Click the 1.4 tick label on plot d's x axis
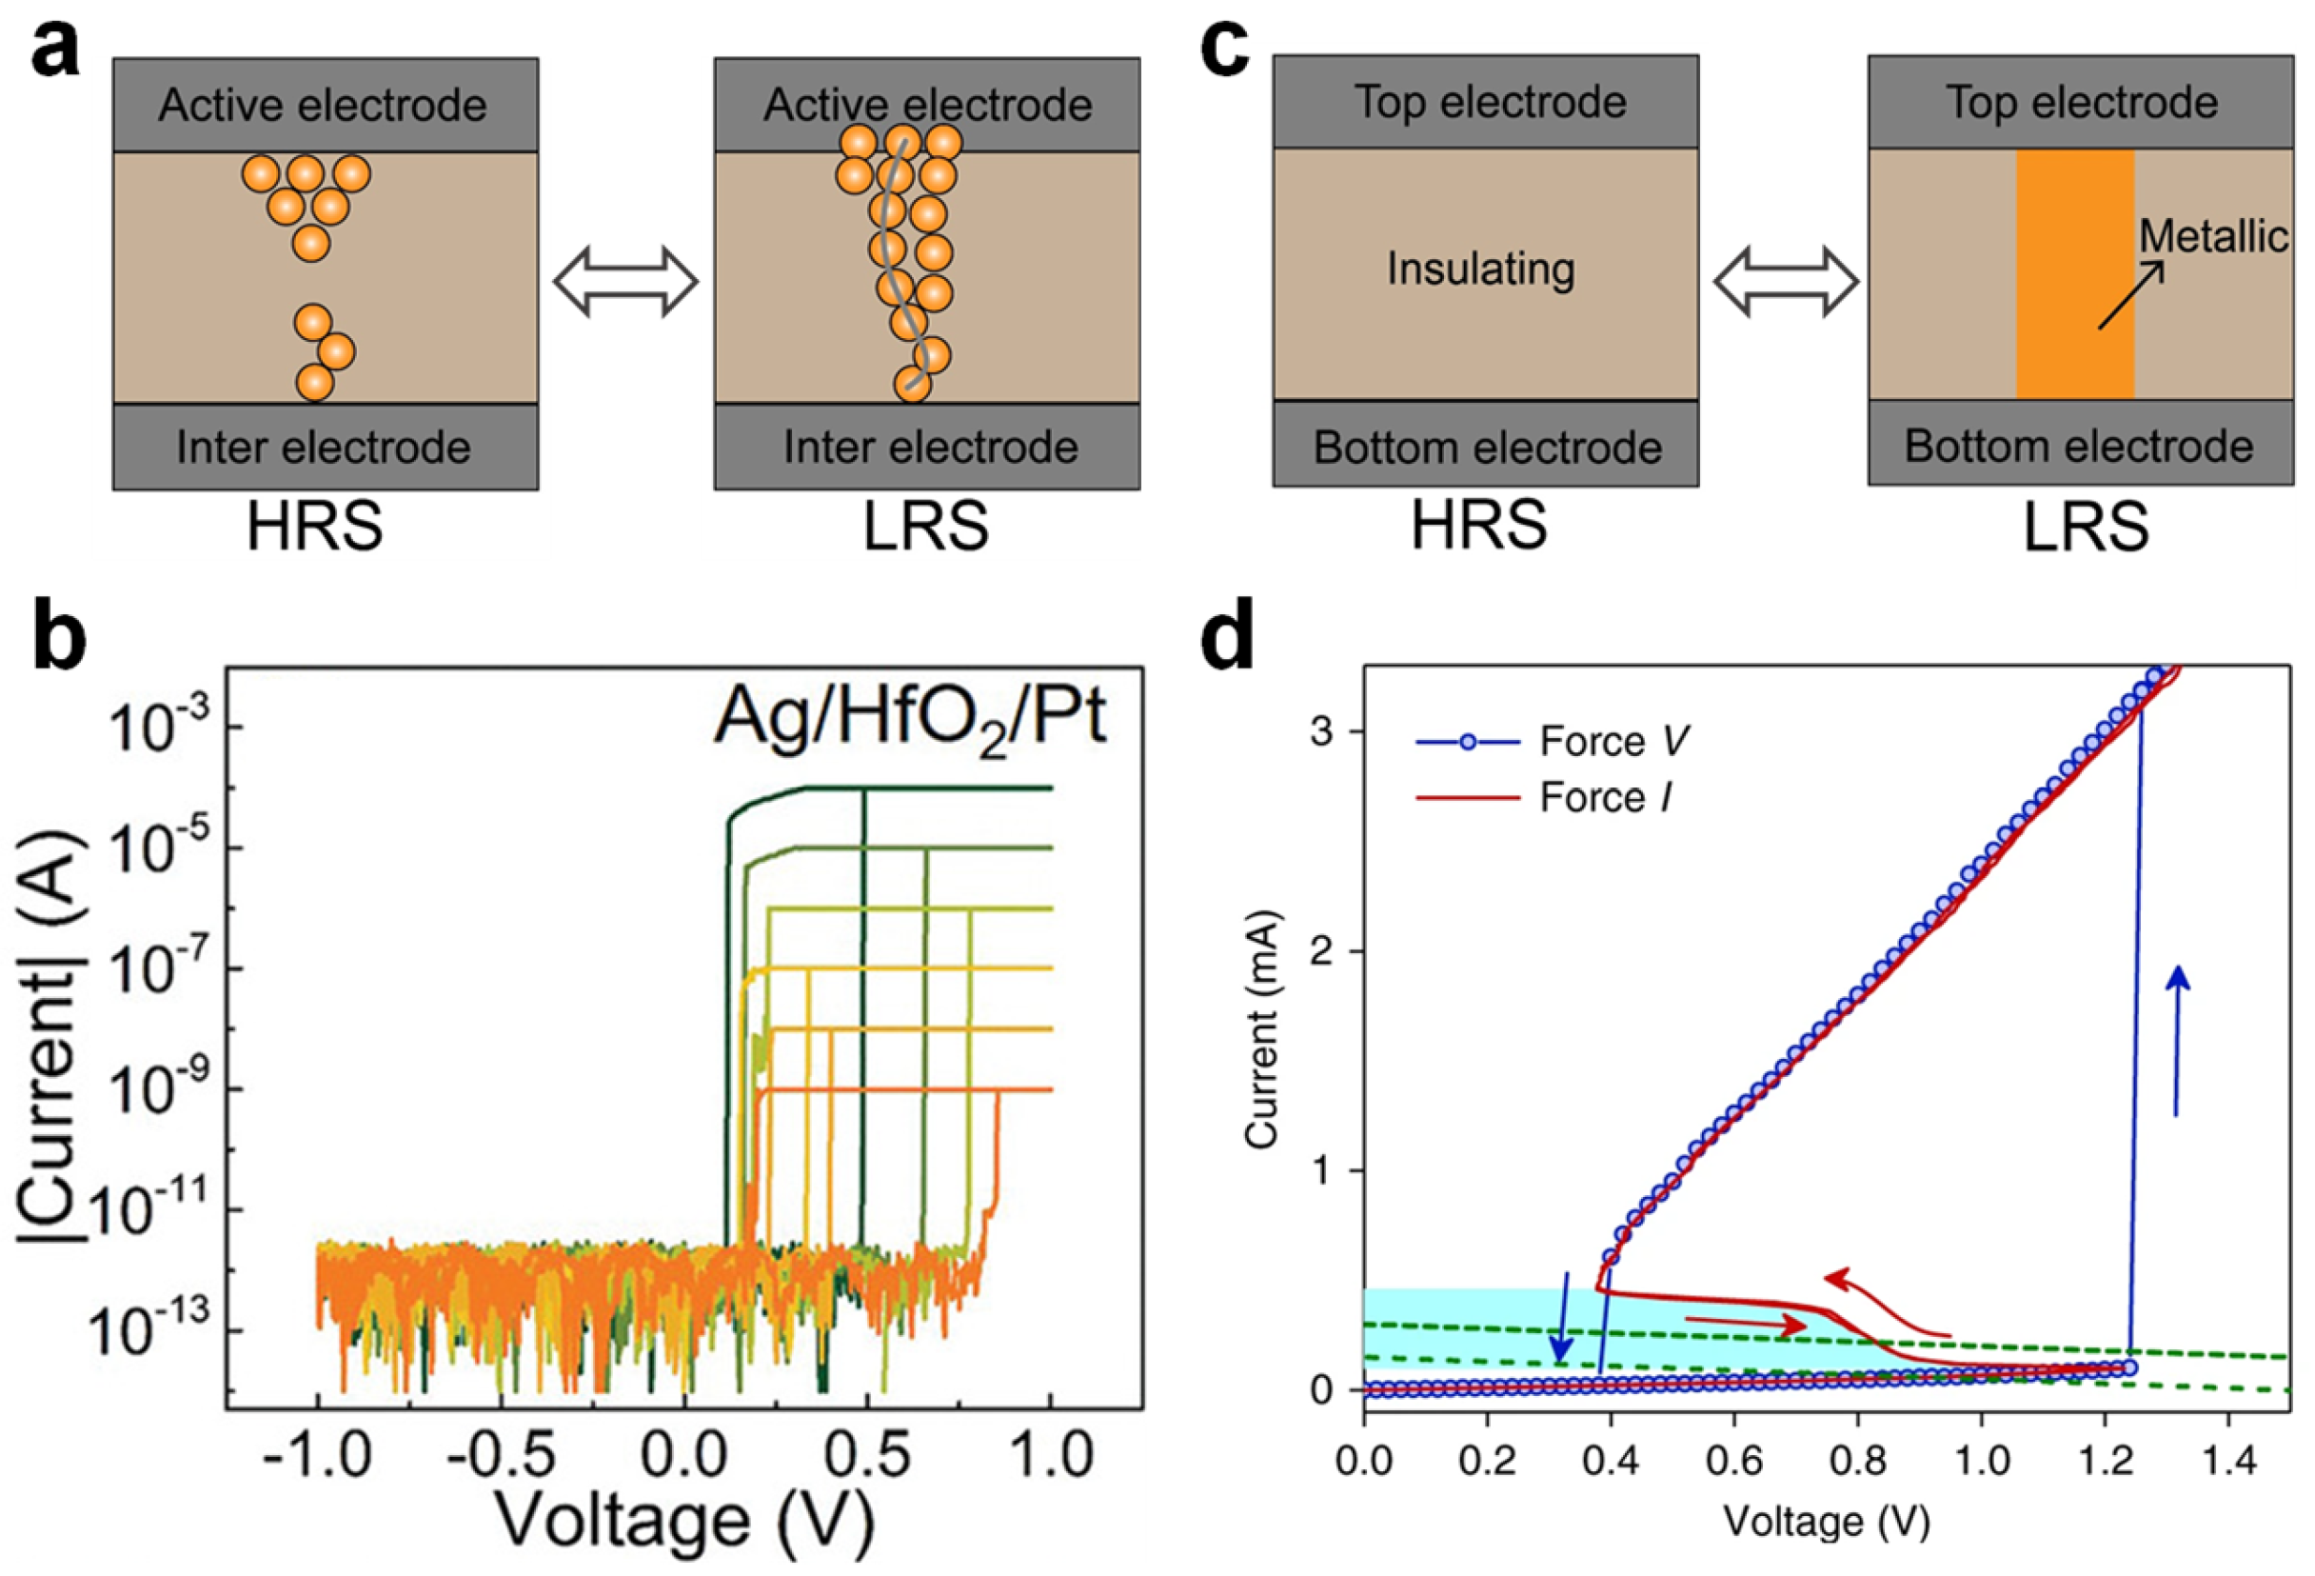pos(2228,1462)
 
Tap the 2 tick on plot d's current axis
pos(1322,951)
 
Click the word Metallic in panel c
pos(2213,237)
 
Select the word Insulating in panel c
pos(1481,269)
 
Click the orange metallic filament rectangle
pos(2075,274)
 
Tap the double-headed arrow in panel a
pos(625,283)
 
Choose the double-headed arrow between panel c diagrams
pos(1785,283)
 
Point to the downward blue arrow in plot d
pos(1562,1317)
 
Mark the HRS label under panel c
pos(1479,526)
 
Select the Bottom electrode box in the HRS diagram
pos(1485,446)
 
